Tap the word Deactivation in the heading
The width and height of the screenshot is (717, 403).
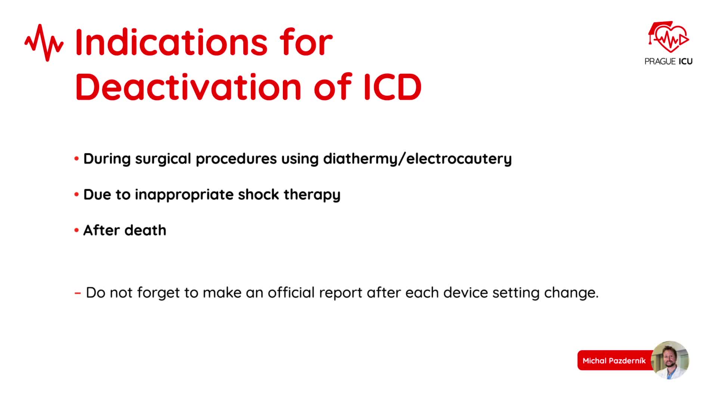188,87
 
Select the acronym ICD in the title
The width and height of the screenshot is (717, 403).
393,87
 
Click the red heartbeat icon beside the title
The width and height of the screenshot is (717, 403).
44,43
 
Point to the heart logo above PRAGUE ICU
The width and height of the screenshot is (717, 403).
668,37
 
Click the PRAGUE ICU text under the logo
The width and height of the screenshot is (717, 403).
668,62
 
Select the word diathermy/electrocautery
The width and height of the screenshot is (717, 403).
417,159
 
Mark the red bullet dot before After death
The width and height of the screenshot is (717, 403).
77,230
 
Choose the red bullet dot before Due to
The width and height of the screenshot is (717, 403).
77,194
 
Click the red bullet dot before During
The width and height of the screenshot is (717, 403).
77,159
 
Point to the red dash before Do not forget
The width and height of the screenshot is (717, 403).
78,293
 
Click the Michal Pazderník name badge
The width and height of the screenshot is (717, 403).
615,360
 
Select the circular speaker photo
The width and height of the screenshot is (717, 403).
670,360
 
